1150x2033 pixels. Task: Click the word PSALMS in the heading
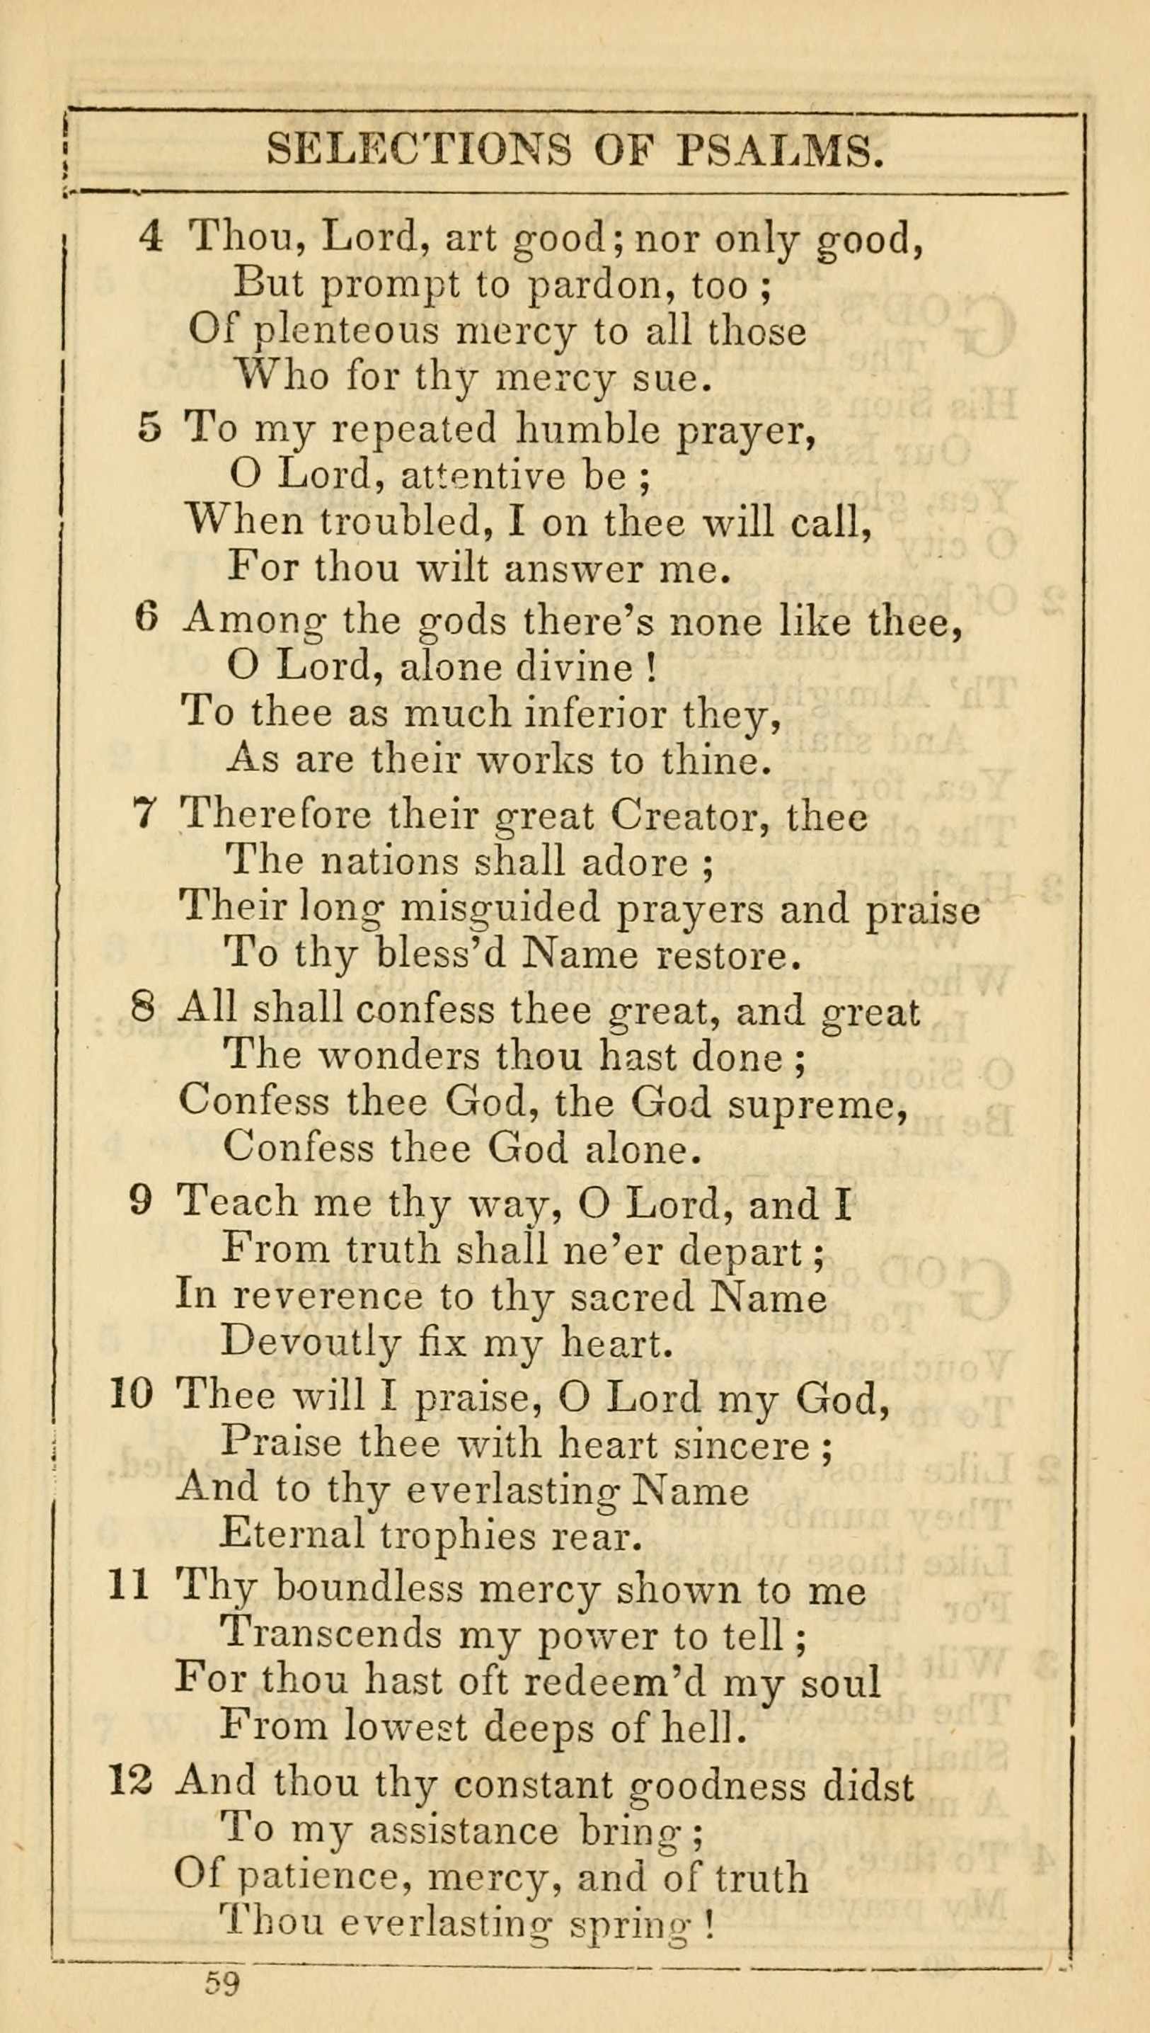780,149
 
